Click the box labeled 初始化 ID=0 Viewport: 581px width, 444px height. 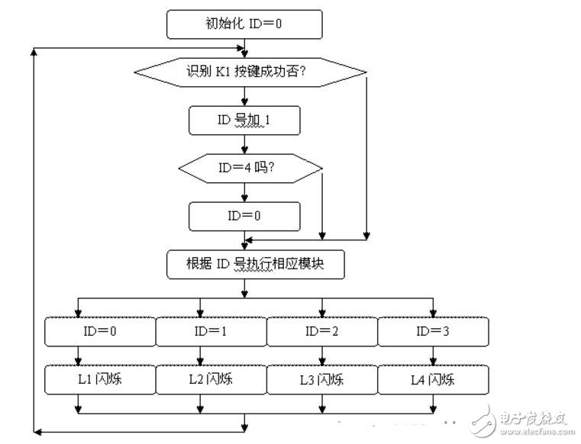pos(244,24)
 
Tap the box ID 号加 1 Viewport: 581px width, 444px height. pos(244,121)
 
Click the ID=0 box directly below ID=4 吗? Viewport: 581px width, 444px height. pos(244,216)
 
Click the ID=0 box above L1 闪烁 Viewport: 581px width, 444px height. pos(99,332)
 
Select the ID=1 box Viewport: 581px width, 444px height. pos(211,332)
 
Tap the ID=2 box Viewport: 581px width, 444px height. pos(321,332)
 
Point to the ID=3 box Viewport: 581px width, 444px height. pos(433,332)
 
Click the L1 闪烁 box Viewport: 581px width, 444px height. pos(99,379)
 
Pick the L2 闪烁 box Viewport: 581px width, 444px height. pos(211,379)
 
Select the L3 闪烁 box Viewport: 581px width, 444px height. pos(321,379)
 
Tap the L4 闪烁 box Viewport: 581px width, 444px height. pos(433,379)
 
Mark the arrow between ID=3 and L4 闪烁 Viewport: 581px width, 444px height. pos(433,356)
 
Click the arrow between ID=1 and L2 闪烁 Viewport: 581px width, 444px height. pos(200,356)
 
